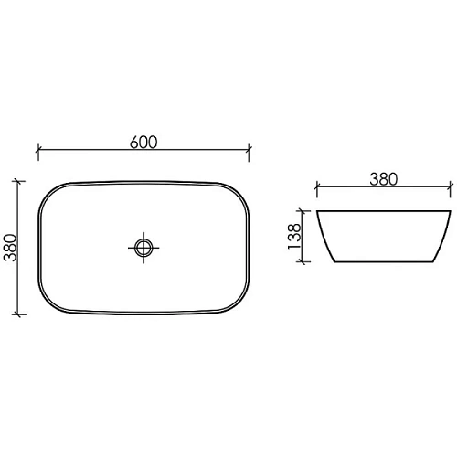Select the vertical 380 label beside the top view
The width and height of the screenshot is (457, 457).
point(12,246)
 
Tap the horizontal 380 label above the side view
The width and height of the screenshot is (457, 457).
point(383,179)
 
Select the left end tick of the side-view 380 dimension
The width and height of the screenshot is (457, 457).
point(316,190)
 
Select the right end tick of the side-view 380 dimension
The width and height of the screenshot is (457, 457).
point(451,190)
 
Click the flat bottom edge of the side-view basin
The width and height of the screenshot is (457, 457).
point(383,265)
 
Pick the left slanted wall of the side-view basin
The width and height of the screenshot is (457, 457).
point(324,239)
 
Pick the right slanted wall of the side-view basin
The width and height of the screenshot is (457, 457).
point(442,239)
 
